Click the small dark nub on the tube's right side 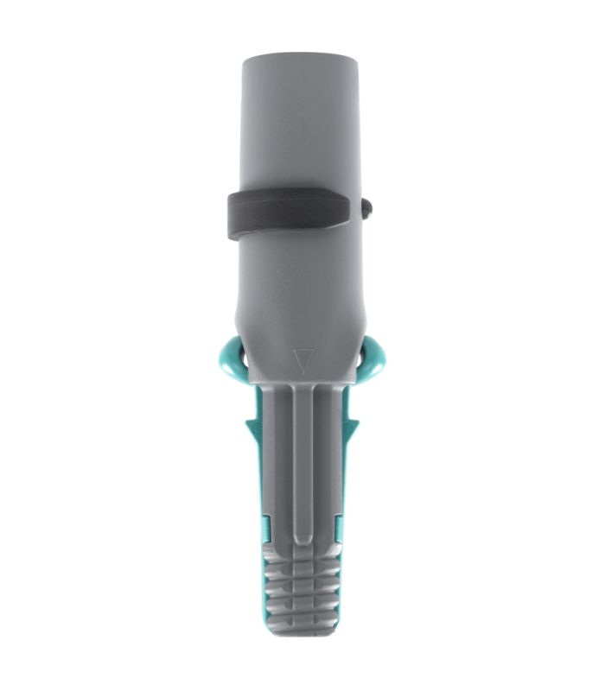pos(367,207)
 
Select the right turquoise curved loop pos(375,359)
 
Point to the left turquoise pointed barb pos(250,426)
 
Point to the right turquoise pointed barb pos(353,425)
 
